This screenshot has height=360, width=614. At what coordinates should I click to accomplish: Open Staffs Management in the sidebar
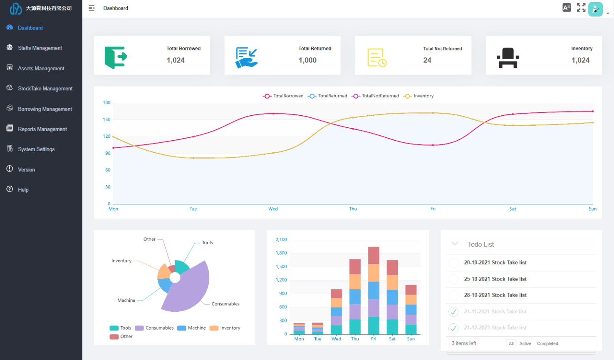point(40,48)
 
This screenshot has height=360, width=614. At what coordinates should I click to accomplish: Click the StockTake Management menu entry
point(45,89)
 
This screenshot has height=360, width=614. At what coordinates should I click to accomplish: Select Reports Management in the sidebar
point(42,129)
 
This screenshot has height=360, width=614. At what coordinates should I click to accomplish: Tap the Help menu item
point(23,190)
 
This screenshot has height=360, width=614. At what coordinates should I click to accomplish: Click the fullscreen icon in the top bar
point(581,7)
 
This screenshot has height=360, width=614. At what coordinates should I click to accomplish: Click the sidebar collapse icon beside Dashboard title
point(92,8)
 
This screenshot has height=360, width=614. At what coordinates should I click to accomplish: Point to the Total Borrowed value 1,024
point(176,60)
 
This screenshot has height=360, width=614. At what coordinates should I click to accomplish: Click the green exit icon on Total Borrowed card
point(116,57)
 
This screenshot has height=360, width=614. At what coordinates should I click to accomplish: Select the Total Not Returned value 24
point(427,60)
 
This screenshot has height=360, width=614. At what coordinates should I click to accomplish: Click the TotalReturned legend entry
point(328,96)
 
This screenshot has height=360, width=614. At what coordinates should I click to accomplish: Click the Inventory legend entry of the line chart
point(419,96)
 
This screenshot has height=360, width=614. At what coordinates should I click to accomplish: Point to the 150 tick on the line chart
point(107,119)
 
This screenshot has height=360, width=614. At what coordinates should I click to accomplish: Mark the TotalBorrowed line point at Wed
point(273,114)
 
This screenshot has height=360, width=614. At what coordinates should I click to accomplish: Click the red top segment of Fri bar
point(374,255)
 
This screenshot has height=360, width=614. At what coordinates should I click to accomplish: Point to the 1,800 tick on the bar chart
point(281,253)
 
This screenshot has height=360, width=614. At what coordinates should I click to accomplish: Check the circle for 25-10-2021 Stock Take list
point(453,279)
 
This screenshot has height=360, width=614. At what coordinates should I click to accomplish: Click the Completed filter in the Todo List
point(547,344)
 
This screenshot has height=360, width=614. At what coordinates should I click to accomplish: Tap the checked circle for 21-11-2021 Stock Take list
point(453,312)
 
